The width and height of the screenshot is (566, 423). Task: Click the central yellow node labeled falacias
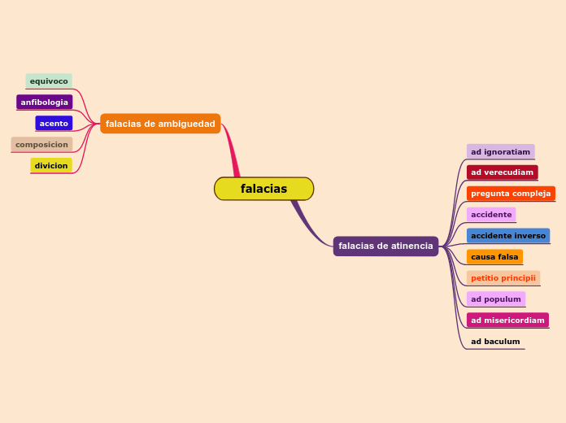coord(263,189)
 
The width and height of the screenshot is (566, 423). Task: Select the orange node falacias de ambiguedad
coord(160,124)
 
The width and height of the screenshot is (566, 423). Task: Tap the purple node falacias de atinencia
coord(385,246)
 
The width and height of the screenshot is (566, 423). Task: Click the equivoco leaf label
coord(49,81)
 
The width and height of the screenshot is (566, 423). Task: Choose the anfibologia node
coord(45,102)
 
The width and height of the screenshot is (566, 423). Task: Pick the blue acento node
coord(54,124)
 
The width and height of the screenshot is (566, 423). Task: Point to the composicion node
coord(41,145)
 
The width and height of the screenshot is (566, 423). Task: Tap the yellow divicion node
coord(51,166)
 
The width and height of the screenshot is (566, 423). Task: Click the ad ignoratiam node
coord(500,152)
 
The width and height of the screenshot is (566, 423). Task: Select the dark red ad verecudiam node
coord(502,172)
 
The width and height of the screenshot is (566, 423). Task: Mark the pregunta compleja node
coord(511,194)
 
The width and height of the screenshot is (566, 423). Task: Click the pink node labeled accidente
coord(491,215)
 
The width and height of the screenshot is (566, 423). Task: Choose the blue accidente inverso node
coord(508,236)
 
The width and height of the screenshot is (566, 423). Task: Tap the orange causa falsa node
coord(494,257)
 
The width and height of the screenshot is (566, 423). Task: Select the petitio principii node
coord(503,278)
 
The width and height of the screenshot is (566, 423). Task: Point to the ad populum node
coord(495,299)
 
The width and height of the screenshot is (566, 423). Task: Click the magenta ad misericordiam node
coord(507,321)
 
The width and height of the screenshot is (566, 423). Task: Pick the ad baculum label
coord(495,342)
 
